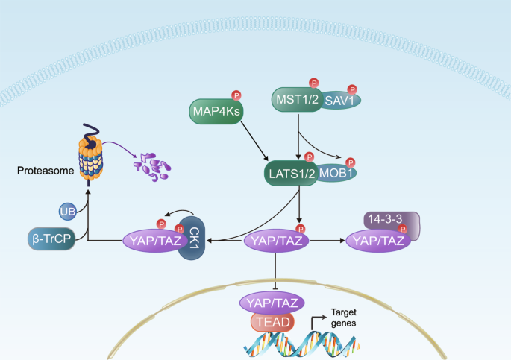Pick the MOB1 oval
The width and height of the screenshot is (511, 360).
(x=338, y=173)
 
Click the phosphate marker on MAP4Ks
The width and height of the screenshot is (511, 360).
(x=236, y=95)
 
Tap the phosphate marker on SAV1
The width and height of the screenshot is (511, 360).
(x=351, y=88)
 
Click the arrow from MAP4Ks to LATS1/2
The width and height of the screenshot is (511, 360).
(x=254, y=139)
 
